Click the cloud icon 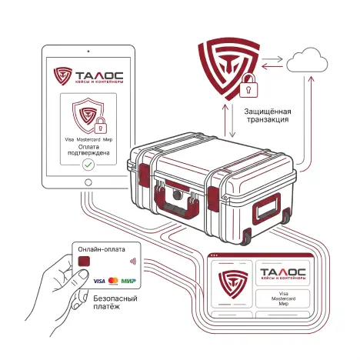point(307,61)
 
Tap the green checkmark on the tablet point(88,165)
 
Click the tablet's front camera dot point(88,52)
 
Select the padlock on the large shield point(248,85)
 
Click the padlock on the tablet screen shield point(101,125)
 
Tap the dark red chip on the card point(84,262)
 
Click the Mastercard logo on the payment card point(113,281)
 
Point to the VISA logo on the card point(99,281)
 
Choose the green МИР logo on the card point(128,281)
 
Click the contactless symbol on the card point(133,262)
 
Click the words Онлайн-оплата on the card point(102,249)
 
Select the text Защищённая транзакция point(268,115)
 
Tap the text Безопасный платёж point(115,302)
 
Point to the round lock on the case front point(177,195)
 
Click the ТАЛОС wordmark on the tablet point(99,75)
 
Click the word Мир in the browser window point(283,304)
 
